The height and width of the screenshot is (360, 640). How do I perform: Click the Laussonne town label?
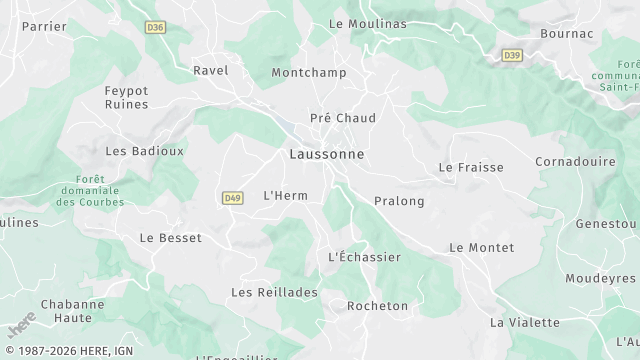326,155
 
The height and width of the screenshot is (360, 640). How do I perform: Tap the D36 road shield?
154,28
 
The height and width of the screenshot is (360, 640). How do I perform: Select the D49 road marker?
233,198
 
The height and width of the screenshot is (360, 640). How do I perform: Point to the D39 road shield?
512,55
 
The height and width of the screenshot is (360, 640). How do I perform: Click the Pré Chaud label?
343,118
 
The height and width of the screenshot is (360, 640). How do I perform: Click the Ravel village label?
211,71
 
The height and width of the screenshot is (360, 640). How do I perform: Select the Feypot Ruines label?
127,97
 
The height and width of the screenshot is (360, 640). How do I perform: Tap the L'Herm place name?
285,195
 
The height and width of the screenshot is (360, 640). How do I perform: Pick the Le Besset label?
170,238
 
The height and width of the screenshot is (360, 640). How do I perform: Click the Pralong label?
399,201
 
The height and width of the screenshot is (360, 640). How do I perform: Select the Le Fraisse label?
471,167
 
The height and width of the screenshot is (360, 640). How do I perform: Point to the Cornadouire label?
575,160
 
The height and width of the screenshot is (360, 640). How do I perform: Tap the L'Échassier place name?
364,257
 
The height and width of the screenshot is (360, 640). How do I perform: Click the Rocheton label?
377,306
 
